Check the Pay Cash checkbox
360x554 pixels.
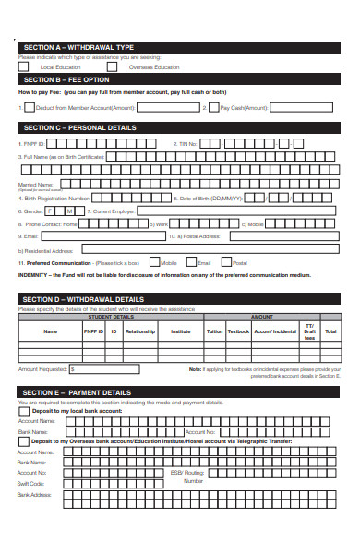tap(214, 107)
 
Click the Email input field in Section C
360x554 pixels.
tap(102, 236)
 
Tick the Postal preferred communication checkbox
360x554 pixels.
tap(226, 262)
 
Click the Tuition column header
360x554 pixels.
tap(214, 331)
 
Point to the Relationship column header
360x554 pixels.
tap(139, 331)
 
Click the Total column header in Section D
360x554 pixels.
tap(330, 331)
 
